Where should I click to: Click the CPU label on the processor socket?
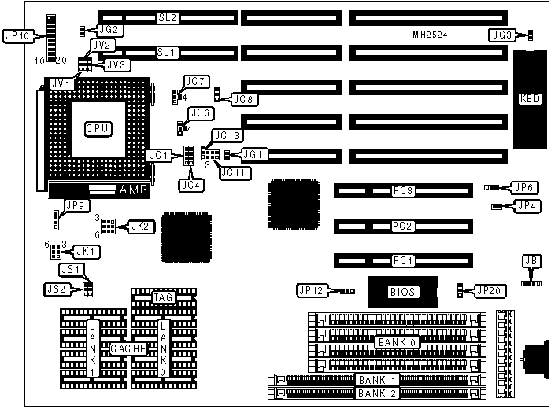click(x=98, y=127)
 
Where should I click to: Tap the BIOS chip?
click(x=402, y=292)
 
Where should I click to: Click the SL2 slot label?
click(x=168, y=17)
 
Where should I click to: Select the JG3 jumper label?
click(x=501, y=35)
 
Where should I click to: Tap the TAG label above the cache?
click(x=163, y=297)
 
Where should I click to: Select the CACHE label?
click(x=127, y=348)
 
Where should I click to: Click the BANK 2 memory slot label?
click(x=378, y=392)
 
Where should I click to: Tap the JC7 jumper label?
click(x=195, y=81)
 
